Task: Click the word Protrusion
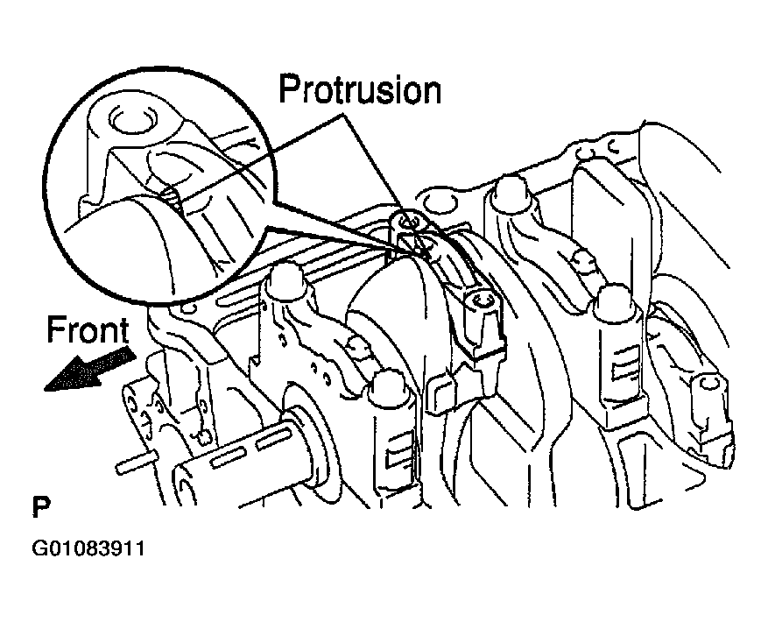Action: (x=360, y=89)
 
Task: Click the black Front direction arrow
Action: (x=89, y=368)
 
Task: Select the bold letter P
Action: (x=40, y=507)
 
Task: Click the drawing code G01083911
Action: (x=88, y=548)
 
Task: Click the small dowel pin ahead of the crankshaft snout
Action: (x=137, y=462)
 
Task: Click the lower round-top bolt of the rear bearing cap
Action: (x=615, y=299)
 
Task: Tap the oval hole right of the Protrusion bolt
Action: (x=438, y=201)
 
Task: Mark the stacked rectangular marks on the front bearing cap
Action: (x=398, y=449)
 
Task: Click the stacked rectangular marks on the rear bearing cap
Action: (x=624, y=360)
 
